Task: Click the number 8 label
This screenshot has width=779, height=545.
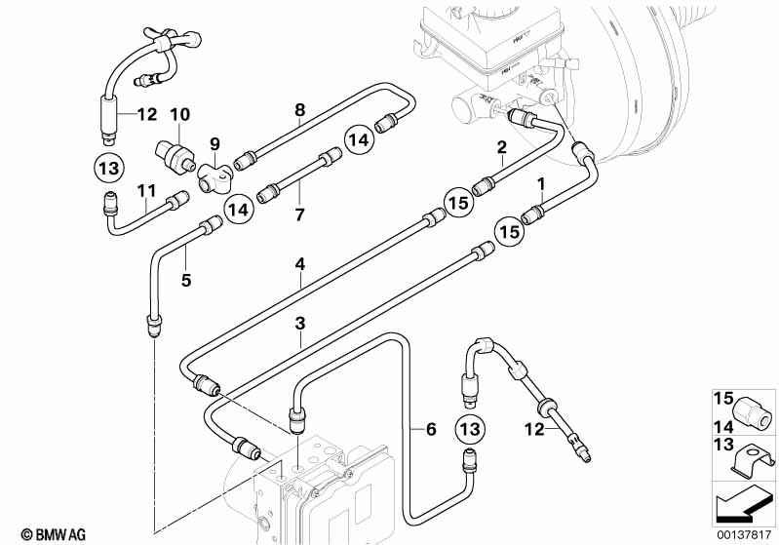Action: (299, 110)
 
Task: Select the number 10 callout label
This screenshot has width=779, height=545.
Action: (179, 114)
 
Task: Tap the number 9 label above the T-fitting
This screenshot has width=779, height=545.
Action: (214, 144)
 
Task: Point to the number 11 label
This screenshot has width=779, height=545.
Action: (146, 190)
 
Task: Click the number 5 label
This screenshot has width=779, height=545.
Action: (186, 280)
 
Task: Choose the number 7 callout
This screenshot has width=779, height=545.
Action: (298, 215)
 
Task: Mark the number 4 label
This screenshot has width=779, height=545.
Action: (299, 264)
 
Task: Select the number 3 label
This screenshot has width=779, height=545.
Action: (299, 324)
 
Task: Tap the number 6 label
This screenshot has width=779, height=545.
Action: (431, 429)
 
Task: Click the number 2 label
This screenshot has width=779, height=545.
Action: (502, 146)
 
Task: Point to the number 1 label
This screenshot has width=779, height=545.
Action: (541, 184)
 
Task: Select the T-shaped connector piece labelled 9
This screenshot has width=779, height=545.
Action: (214, 177)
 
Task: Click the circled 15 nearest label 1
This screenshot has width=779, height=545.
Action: (510, 231)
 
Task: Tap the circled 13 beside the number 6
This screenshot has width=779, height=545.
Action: (470, 428)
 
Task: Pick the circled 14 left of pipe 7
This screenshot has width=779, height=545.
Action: (239, 210)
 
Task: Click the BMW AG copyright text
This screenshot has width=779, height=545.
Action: (54, 534)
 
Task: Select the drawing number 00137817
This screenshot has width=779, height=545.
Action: (744, 535)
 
